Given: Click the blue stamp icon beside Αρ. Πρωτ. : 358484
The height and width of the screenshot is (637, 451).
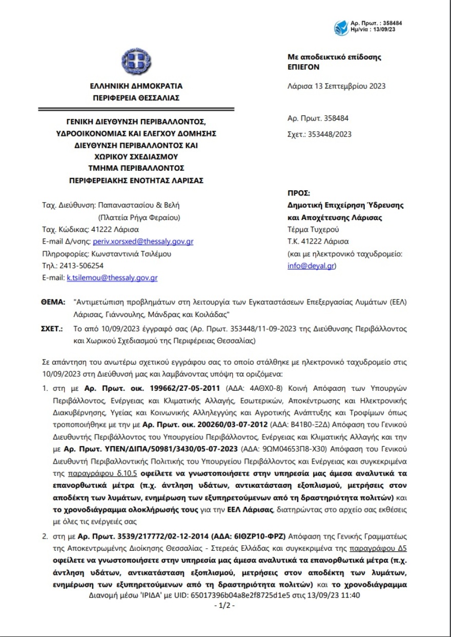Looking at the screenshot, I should click(x=341, y=27).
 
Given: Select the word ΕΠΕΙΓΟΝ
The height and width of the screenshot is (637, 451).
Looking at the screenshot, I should click(x=304, y=67).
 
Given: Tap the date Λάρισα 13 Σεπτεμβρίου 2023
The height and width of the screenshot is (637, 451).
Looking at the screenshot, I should click(x=336, y=86).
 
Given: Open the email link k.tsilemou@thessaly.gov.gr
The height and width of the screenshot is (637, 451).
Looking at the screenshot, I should click(x=112, y=278).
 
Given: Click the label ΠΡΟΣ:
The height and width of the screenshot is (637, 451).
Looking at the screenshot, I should click(x=299, y=193).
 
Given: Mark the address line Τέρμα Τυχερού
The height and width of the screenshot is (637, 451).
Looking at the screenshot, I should click(x=313, y=229).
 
